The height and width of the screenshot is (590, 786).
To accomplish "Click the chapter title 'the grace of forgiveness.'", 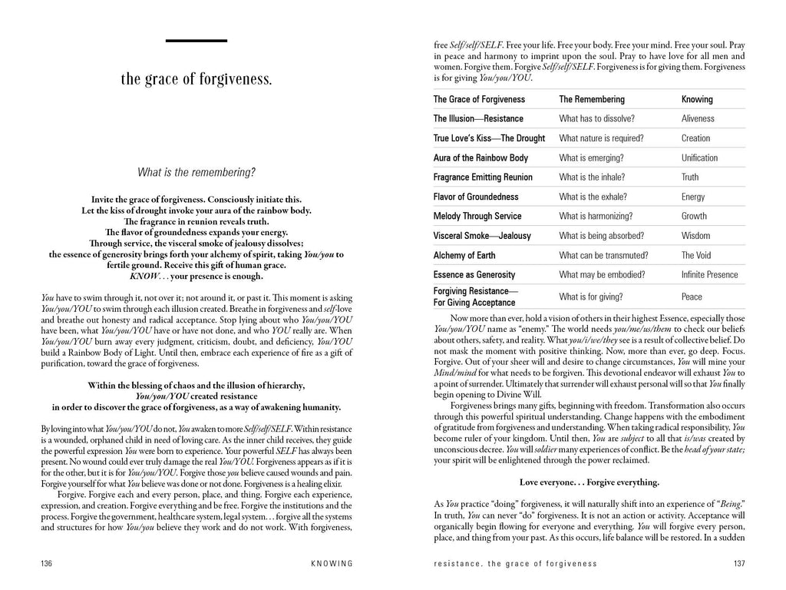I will [196, 79].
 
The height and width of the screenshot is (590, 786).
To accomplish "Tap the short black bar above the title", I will [196, 40].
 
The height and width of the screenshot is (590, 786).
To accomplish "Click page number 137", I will [737, 564].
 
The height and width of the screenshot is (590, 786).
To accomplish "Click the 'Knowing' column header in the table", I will [697, 99].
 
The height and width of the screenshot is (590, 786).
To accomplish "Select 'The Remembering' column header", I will [592, 99].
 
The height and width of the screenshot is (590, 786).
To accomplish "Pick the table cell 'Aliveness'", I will [698, 119].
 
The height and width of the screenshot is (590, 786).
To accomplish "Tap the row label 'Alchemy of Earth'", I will [464, 255].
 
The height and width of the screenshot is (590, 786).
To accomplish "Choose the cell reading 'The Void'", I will [696, 255].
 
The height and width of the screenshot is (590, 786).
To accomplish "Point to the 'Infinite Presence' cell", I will [709, 274].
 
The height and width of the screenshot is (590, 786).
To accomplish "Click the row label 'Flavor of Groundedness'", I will [476, 197].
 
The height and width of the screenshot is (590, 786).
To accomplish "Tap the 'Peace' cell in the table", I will [692, 296].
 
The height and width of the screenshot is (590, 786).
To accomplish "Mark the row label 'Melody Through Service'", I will [477, 217].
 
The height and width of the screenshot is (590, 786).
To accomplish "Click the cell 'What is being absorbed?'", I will [602, 236].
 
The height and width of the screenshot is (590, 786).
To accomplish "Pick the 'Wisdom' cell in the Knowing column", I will [695, 236].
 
